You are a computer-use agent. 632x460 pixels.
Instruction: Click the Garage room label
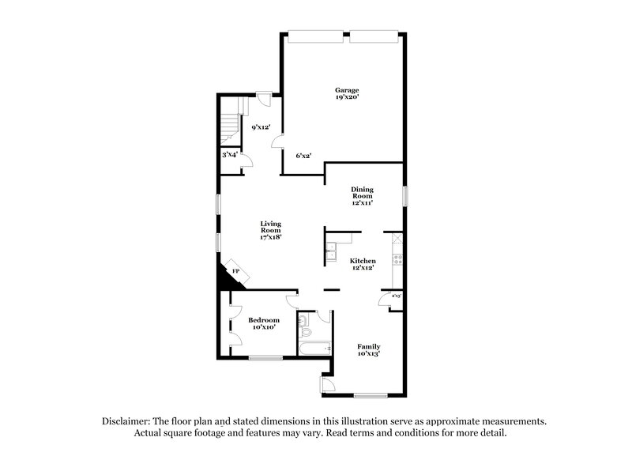point(347,90)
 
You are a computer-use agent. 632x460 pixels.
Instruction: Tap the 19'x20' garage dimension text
point(347,99)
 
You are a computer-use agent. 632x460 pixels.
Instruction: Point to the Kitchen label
point(363,261)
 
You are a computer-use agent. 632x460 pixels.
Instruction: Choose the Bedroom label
point(263,320)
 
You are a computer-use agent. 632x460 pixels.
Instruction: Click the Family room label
point(368,346)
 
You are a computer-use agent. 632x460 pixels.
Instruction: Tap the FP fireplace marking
point(235,271)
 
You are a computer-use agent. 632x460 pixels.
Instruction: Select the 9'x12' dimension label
point(261,127)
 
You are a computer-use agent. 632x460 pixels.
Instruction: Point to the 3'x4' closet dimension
point(229,155)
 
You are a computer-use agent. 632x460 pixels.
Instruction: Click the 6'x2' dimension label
point(303,155)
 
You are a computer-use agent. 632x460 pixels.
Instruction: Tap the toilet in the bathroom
point(303,321)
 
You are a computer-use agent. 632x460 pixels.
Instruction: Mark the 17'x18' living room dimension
point(271,236)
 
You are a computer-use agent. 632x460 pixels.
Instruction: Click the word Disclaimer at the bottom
point(127,422)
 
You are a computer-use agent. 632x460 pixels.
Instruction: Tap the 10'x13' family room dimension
point(368,355)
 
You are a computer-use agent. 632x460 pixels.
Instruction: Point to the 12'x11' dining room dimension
point(363,202)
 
